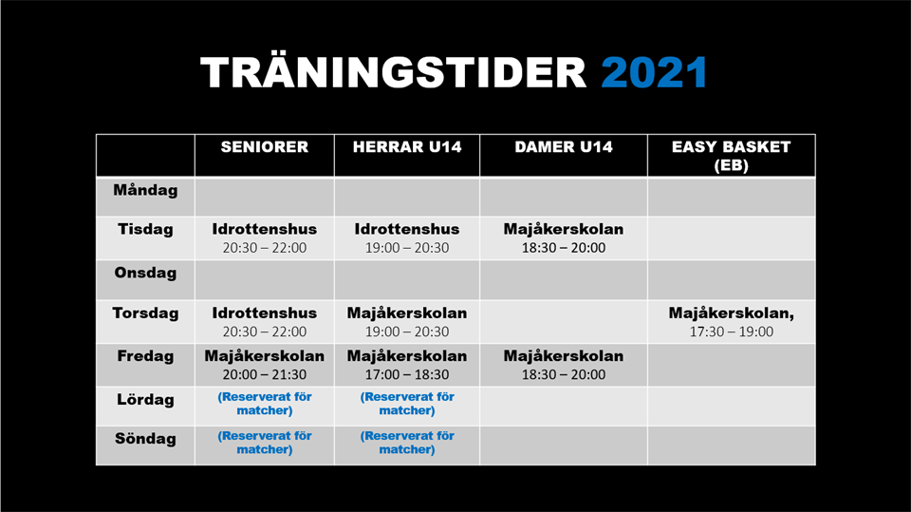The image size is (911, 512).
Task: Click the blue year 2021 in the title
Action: pos(654,73)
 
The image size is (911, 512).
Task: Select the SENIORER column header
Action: pos(265,146)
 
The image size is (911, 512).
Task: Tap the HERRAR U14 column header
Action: pos(407,146)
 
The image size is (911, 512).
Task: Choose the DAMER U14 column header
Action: pos(564,146)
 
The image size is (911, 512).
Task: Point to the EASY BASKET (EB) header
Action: pos(732,156)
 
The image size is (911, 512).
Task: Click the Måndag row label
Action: pos(145,190)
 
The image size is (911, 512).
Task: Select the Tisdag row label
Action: pos(145,229)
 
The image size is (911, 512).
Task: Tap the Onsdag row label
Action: pos(145,273)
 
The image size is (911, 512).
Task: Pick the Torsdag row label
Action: pos(145,313)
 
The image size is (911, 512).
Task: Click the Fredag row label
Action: pos(145,356)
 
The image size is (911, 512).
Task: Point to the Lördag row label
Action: pos(145,400)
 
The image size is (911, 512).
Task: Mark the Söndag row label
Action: pos(145,439)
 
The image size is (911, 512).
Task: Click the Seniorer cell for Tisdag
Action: pos(265,238)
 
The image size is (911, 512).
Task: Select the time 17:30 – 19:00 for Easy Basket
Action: pos(732,332)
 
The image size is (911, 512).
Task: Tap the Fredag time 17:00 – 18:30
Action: pos(407,374)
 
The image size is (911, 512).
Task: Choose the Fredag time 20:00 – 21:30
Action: pos(265,374)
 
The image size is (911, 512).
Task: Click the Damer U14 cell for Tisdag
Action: pos(564,238)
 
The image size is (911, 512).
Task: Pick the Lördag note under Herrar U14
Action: pos(407,403)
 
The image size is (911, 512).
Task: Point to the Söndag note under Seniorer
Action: pos(265,443)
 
